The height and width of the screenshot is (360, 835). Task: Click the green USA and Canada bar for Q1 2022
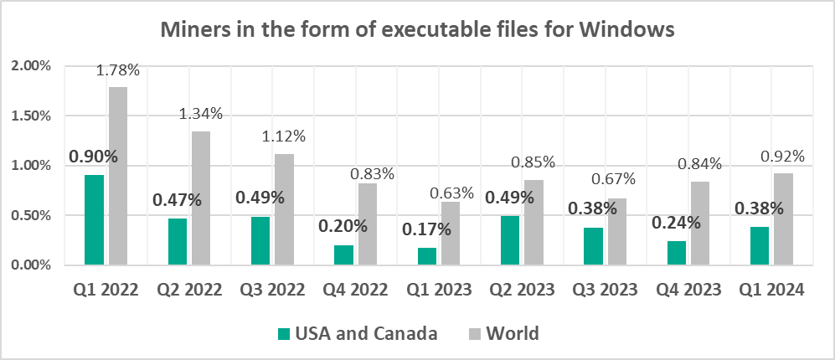[x=94, y=220]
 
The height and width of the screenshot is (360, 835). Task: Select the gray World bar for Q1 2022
[x=118, y=176]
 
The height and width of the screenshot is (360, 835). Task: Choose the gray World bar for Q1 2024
[x=784, y=219]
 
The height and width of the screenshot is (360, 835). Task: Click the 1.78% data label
[x=118, y=70]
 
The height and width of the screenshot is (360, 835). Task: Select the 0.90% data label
[x=93, y=157]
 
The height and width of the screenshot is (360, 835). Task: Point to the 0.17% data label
[x=426, y=229]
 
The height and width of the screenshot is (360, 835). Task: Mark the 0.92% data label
[x=783, y=156]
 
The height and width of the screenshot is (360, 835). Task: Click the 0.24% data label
[x=676, y=223]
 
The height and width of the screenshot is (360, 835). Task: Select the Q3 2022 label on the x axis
[x=272, y=291]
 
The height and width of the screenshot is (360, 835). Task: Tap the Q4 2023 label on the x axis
[x=688, y=291]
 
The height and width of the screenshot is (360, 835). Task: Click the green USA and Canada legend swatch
[x=282, y=334]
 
